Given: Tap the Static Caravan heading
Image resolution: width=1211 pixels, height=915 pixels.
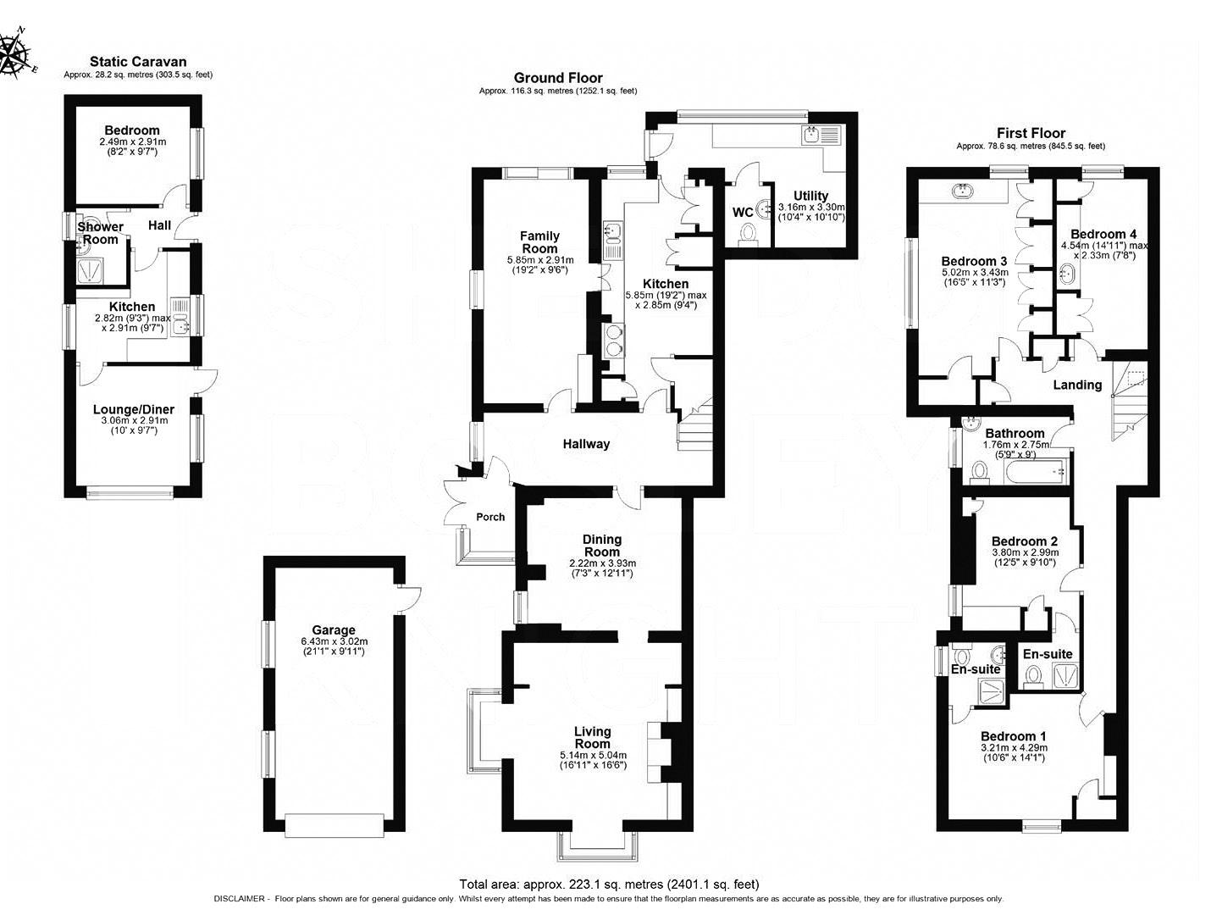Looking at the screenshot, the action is pyautogui.click(x=138, y=62).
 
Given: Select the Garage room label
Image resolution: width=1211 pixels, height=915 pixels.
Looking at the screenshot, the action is pyautogui.click(x=333, y=629).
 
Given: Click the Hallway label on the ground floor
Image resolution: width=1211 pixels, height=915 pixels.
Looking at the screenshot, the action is pyautogui.click(x=586, y=444).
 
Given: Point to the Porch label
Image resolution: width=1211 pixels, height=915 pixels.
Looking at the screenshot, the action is pyautogui.click(x=490, y=517).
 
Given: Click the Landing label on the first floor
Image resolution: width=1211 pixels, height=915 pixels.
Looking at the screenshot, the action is pyautogui.click(x=1077, y=385).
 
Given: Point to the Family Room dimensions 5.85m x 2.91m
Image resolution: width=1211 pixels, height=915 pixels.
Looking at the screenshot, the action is pyautogui.click(x=540, y=260).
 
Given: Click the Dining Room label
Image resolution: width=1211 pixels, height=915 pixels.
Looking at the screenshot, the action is pyautogui.click(x=602, y=546).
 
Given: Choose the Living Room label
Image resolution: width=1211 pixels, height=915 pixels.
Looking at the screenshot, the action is pyautogui.click(x=593, y=737).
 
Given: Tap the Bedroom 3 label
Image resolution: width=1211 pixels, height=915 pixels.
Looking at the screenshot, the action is pyautogui.click(x=974, y=261).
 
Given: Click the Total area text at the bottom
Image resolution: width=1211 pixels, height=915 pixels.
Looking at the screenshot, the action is pyautogui.click(x=609, y=884).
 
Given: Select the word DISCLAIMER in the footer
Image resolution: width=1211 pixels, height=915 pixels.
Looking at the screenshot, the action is pyautogui.click(x=240, y=899).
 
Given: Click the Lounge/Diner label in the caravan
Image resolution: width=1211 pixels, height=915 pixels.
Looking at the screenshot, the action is pyautogui.click(x=134, y=409).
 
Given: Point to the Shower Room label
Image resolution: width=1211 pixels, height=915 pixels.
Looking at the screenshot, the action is pyautogui.click(x=100, y=233).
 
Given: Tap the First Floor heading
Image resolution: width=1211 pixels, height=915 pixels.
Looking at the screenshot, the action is pyautogui.click(x=1031, y=133).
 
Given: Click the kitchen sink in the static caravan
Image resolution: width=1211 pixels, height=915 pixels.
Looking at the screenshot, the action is pyautogui.click(x=180, y=318).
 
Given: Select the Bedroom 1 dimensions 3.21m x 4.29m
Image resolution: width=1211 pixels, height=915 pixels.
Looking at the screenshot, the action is pyautogui.click(x=1014, y=748).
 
